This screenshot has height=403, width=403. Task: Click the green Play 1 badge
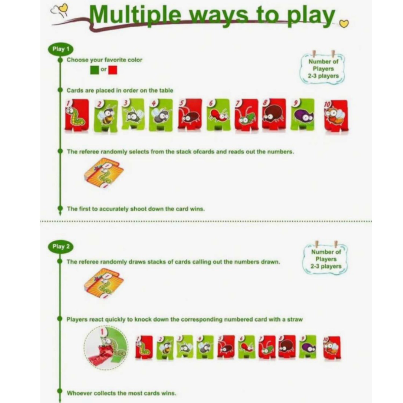click(61, 49)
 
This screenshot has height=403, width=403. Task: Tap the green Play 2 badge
click(61, 247)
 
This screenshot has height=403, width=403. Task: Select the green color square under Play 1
click(94, 70)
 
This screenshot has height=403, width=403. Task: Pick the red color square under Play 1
click(113, 70)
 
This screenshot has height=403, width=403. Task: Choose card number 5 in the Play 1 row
click(190, 116)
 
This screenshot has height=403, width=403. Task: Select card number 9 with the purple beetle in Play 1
click(303, 115)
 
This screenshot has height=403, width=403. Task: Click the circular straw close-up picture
click(106, 347)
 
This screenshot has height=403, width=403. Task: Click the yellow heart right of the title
click(344, 24)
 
